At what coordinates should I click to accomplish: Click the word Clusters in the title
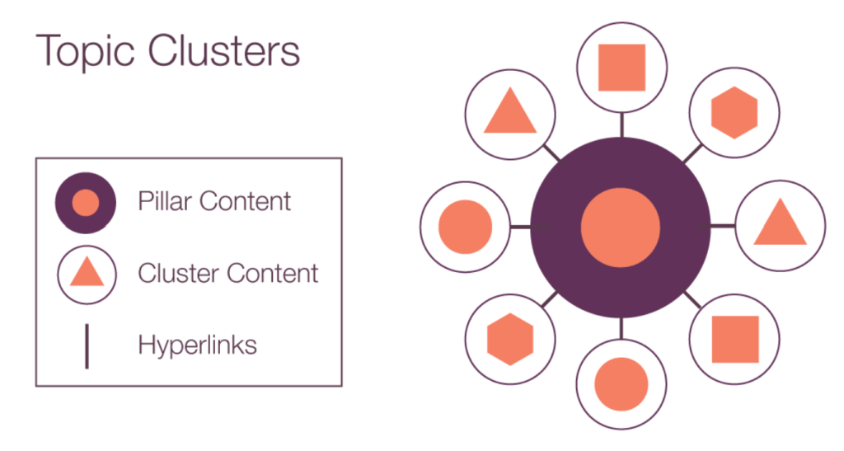[223, 50]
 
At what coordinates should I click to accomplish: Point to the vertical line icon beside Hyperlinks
[87, 345]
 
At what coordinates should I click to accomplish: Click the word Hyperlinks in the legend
[197, 344]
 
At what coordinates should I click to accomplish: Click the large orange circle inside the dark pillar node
[621, 227]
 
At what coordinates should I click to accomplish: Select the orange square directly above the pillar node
[621, 68]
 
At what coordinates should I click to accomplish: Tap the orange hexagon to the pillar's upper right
[734, 112]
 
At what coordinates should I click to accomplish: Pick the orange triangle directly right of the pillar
[779, 224]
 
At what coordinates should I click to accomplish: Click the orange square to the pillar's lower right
[734, 339]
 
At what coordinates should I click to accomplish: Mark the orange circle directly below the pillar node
[621, 384]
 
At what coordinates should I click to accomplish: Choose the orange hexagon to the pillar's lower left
[510, 339]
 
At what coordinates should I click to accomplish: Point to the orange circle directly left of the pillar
[465, 226]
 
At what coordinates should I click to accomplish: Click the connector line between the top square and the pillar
[621, 125]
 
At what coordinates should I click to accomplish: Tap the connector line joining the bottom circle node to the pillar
[621, 328]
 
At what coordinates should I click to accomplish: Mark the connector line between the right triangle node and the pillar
[722, 225]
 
